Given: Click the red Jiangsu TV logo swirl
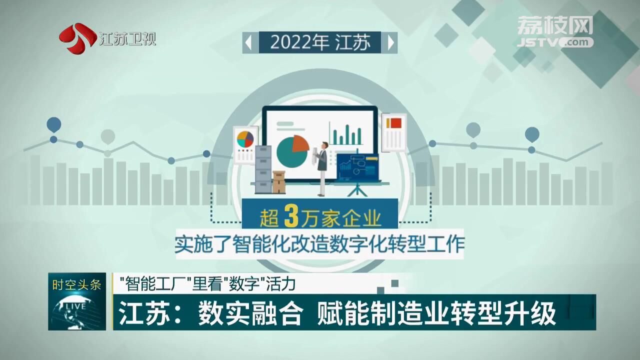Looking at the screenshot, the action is [x=77, y=37].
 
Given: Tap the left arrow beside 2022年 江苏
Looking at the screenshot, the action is [x=248, y=43].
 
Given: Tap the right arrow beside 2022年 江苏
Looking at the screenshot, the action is [x=391, y=43].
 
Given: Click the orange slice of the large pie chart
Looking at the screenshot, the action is [x=300, y=143].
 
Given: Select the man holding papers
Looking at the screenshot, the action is [x=322, y=168].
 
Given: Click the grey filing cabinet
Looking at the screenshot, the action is [x=263, y=169].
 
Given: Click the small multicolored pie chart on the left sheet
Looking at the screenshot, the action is [x=245, y=139].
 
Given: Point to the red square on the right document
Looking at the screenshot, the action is [x=396, y=123].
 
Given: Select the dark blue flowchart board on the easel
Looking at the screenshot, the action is [x=357, y=167].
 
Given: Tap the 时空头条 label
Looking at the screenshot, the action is [x=77, y=285].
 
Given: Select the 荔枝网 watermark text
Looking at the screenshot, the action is [x=555, y=25].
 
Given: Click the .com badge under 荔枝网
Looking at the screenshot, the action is [x=577, y=42].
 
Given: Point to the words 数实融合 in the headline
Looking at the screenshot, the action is [x=250, y=313].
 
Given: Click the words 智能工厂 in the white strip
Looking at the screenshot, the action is [x=156, y=284].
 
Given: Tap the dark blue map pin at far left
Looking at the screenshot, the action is [x=53, y=124].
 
